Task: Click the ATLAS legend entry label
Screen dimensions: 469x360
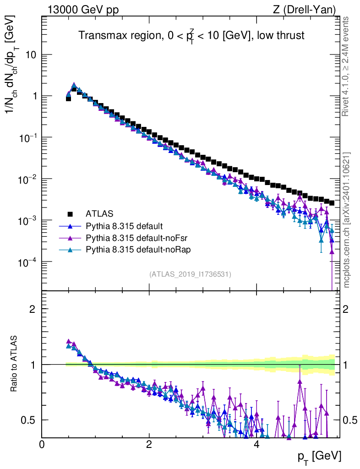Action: click(99, 213)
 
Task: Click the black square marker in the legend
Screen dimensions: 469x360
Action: click(70, 213)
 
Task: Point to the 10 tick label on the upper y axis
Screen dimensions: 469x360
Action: click(31, 55)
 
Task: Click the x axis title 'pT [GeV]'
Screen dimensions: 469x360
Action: click(320, 457)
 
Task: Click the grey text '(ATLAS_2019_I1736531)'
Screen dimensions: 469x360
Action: click(190, 274)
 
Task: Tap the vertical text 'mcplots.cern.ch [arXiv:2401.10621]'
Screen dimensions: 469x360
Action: click(347, 220)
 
